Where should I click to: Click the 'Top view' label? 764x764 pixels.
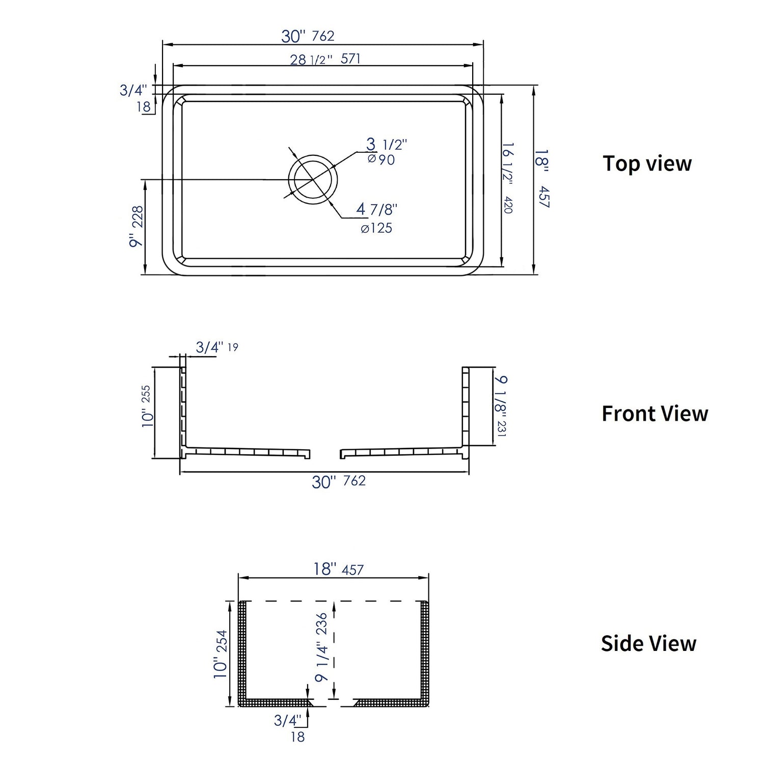point(647,163)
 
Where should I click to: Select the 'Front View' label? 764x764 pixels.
point(654,414)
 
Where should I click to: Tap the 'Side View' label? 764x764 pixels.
point(648,643)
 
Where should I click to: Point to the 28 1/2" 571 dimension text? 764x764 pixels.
point(325,59)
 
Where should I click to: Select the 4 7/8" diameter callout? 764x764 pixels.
point(376,209)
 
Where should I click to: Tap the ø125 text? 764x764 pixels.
point(376,228)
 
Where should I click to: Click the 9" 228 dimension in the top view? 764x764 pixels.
point(137,226)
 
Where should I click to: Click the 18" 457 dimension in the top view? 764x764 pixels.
point(543,178)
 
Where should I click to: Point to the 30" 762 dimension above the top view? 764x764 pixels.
point(308,36)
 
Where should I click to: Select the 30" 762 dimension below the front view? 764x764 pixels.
point(339,481)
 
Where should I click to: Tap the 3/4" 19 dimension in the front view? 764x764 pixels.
point(216,347)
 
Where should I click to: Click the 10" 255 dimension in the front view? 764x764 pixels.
point(146,405)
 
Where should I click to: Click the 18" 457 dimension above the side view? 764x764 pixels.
point(338,569)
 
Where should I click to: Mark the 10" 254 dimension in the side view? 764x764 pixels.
point(221,654)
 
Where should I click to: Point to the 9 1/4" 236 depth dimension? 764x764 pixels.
point(321,647)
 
